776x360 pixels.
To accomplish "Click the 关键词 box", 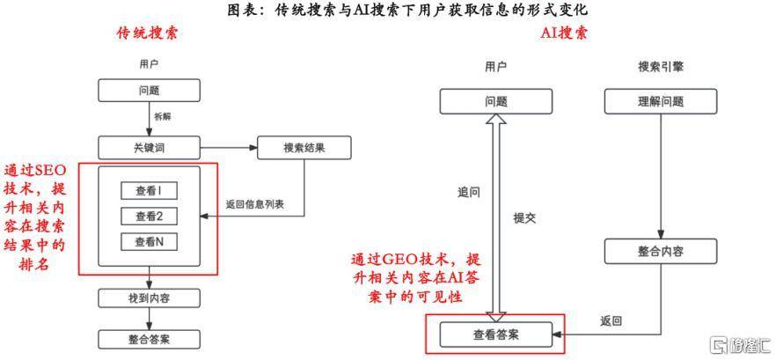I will click(148, 147).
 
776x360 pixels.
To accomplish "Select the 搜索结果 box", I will click(304, 147).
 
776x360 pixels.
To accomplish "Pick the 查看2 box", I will click(150, 217).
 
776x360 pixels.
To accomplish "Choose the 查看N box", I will click(150, 242).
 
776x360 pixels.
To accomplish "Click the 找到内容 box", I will click(148, 298).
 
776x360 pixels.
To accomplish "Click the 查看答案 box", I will click(496, 334).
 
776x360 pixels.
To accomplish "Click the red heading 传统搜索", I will click(147, 34).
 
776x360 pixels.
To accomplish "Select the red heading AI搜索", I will click(564, 34).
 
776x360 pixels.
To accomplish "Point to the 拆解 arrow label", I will click(164, 117).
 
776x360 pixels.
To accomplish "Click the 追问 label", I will click(468, 191).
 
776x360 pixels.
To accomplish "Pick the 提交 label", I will click(525, 217).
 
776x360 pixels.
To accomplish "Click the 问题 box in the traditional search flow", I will click(148, 90).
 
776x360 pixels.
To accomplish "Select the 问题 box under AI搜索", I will click(496, 101).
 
